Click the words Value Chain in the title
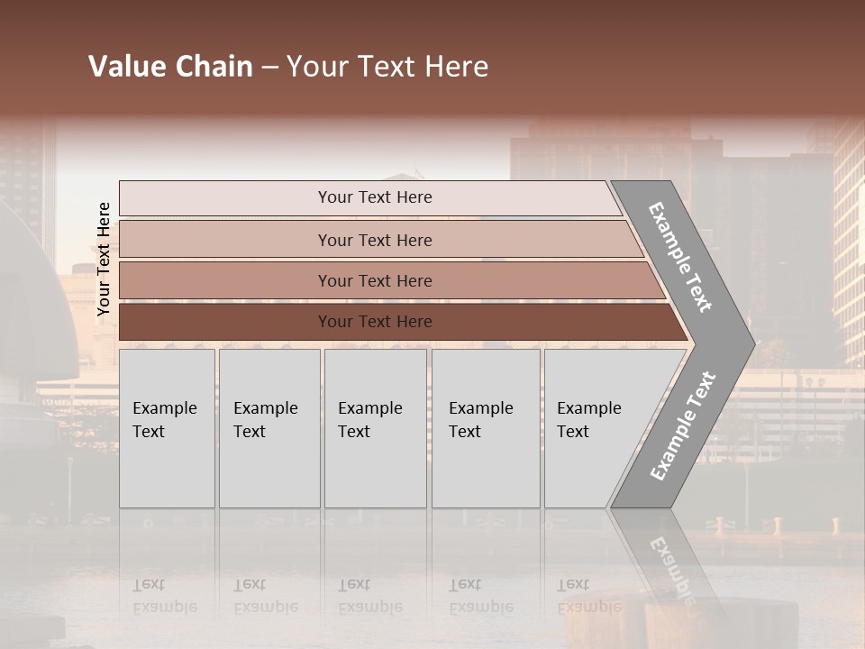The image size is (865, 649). [x=170, y=67]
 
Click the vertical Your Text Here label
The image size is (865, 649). [x=104, y=259]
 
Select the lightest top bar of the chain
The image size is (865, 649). [x=225, y=198]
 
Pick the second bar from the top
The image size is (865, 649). [x=225, y=240]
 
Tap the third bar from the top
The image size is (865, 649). [x=225, y=280]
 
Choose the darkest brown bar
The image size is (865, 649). [x=225, y=322]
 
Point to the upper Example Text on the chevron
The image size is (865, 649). [x=680, y=257]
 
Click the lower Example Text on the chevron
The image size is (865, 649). [x=682, y=426]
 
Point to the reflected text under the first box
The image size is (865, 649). [x=164, y=595]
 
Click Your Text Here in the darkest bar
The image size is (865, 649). [x=375, y=322]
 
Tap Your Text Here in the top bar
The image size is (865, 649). [x=375, y=197]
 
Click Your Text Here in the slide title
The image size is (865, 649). [x=387, y=67]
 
